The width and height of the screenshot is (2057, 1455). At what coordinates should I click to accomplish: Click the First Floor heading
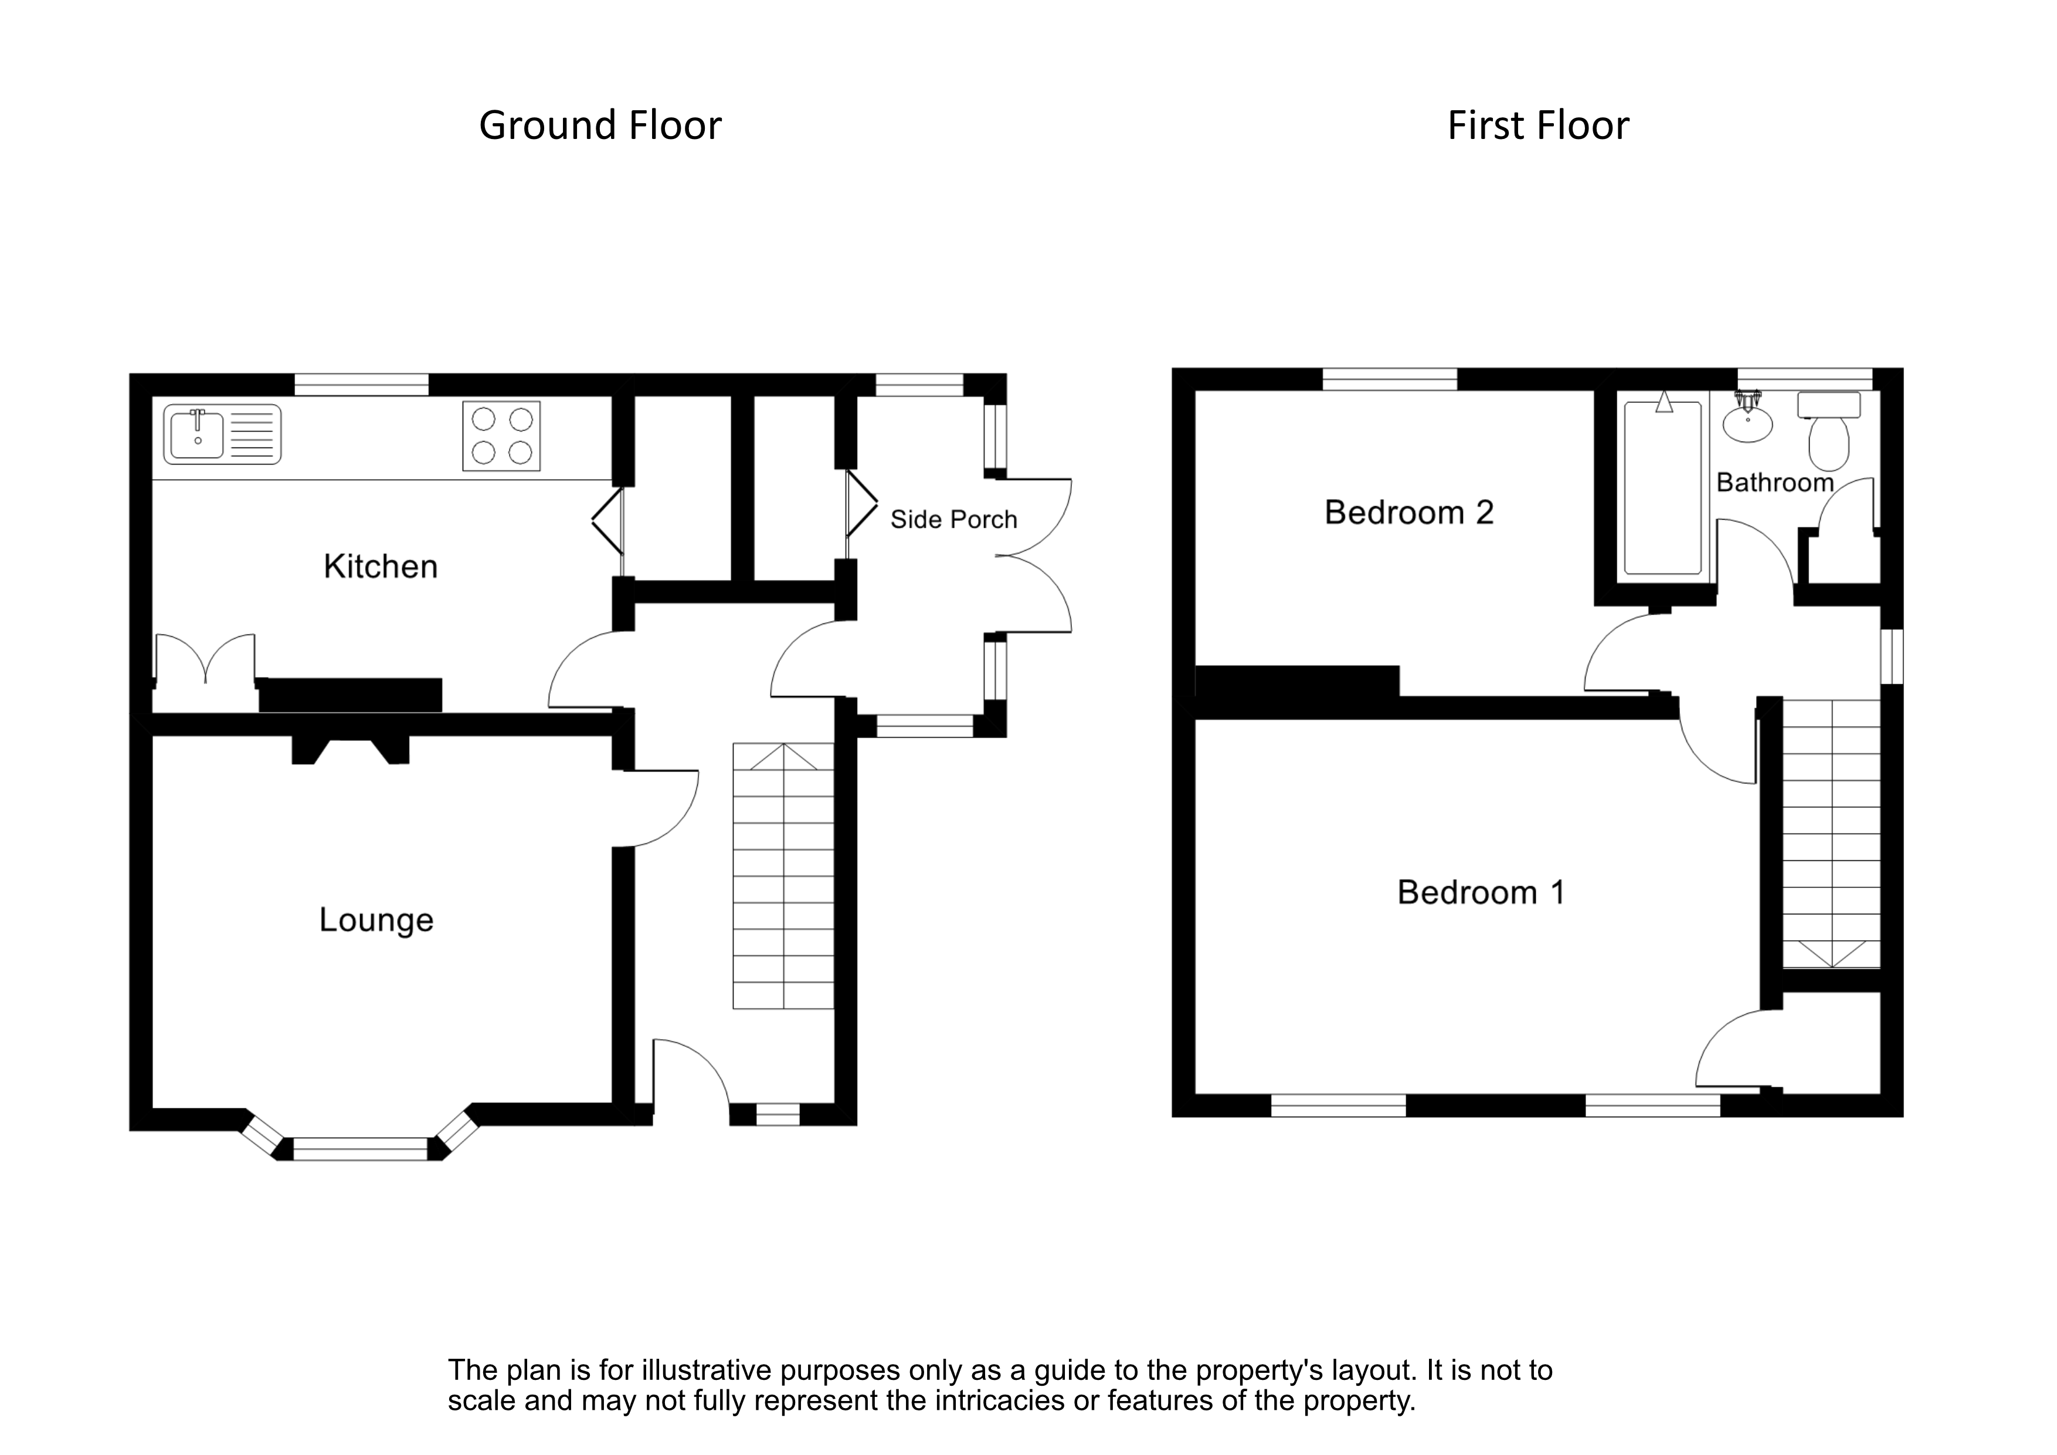(1537, 126)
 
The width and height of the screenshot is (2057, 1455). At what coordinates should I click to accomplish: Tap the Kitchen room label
(380, 567)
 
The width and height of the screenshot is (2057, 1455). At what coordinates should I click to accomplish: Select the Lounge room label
(376, 920)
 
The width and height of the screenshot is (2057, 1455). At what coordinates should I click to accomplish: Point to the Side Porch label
(953, 520)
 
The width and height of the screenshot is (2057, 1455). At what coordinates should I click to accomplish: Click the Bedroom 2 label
(1408, 513)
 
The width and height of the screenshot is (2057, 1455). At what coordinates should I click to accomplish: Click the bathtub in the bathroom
(1663, 489)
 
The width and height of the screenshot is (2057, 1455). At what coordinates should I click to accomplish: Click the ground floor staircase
(783, 876)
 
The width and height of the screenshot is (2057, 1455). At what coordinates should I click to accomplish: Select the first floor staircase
(1830, 833)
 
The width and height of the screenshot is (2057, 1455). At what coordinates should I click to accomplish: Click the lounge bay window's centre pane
(361, 1149)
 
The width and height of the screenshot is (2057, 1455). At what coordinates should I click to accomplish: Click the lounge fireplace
(350, 747)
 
